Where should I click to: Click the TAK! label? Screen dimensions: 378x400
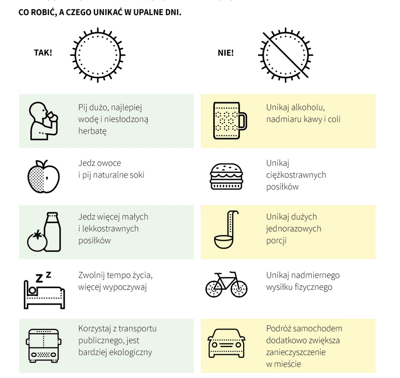click(x=43, y=53)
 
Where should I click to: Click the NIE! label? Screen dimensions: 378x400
click(x=225, y=53)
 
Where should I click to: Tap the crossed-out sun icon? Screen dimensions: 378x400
click(x=286, y=54)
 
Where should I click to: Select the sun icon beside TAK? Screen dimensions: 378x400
click(x=98, y=54)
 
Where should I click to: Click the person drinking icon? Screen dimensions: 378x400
click(x=42, y=120)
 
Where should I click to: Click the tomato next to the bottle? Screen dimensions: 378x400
click(x=36, y=241)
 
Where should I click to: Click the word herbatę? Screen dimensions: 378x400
click(x=92, y=131)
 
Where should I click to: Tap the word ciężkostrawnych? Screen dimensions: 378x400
click(x=296, y=175)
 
